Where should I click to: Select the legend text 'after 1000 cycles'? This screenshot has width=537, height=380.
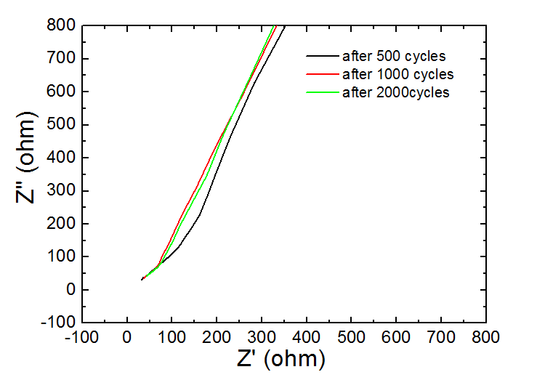397,74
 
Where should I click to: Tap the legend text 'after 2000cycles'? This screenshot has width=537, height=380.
395,92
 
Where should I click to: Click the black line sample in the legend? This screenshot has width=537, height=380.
322,55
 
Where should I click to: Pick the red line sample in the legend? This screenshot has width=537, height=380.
322,74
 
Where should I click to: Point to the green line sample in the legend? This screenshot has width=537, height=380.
322,92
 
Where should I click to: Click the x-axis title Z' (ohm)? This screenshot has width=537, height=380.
280,359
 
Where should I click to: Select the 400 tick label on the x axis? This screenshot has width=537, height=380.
307,336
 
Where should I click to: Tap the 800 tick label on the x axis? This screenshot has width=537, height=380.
485,336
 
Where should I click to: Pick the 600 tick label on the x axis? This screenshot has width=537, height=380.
396,336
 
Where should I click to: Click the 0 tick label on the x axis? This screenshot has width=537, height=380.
127,336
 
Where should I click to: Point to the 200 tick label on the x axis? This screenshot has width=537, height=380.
217,336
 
